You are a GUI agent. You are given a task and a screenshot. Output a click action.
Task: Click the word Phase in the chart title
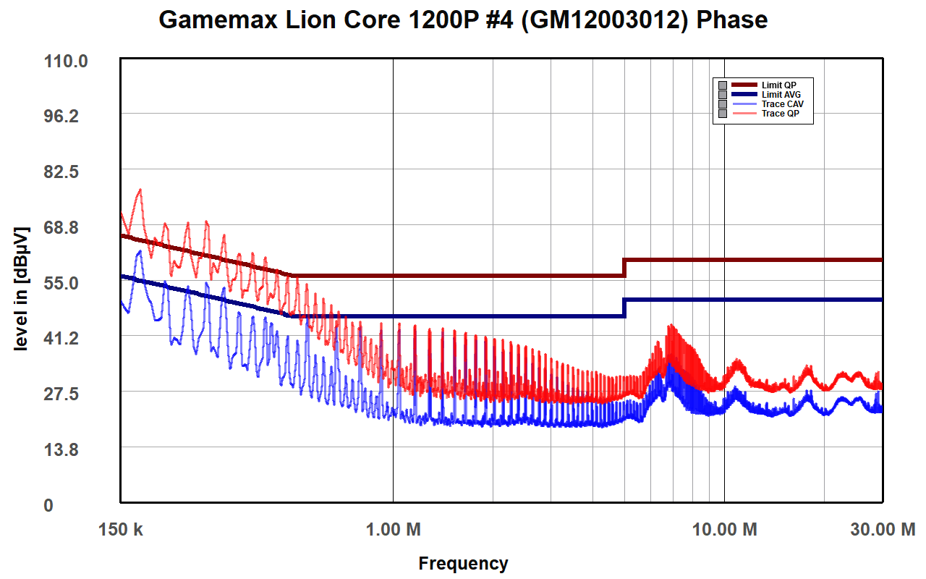[x=731, y=20]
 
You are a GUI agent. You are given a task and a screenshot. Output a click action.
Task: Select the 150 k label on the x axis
[x=121, y=530]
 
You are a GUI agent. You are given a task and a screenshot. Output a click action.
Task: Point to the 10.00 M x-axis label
[x=725, y=530]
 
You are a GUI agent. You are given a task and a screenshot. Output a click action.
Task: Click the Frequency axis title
[x=463, y=564]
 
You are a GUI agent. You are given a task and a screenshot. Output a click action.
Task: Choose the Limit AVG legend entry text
[x=781, y=95]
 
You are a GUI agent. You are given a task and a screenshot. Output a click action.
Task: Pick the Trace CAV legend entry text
[x=782, y=104]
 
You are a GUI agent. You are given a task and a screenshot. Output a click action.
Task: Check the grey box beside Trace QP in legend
[x=722, y=114]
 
